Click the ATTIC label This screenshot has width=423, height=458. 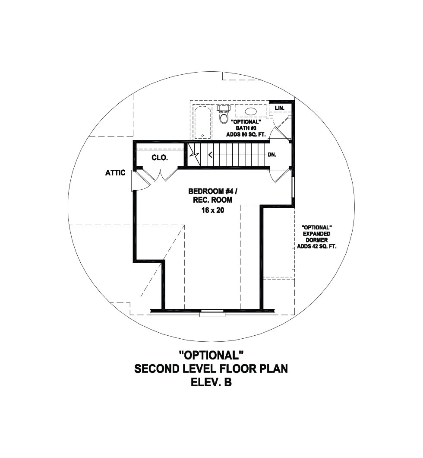tap(115, 173)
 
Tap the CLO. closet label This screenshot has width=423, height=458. tap(160, 158)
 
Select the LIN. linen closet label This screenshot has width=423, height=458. tap(279, 108)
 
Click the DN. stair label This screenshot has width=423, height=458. tap(272, 155)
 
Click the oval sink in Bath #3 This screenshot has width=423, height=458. tap(251, 111)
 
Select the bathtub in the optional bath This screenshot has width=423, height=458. tap(202, 122)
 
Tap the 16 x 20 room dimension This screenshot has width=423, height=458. tap(213, 210)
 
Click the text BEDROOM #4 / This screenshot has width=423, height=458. tap(213, 191)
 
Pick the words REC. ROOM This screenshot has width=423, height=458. tap(213, 200)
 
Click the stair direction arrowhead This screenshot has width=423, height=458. tap(210, 155)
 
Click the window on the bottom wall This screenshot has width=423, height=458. tap(212, 313)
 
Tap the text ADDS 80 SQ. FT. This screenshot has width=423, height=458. tap(246, 134)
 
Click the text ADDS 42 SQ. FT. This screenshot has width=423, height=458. tap(316, 246)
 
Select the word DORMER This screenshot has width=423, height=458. tap(317, 240)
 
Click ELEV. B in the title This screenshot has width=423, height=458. tap(211, 382)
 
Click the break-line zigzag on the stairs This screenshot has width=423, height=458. tap(194, 155)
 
